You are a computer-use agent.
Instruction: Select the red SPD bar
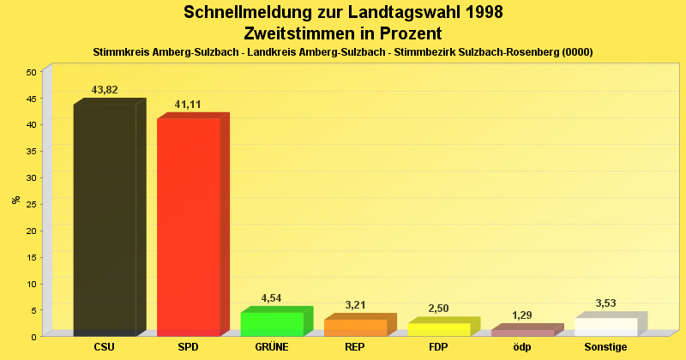(x=188, y=226)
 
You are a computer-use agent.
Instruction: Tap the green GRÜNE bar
(x=272, y=324)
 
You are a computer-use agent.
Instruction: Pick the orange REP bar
(x=355, y=327)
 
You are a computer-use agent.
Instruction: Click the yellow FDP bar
(x=438, y=329)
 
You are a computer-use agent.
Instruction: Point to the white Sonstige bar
(x=605, y=327)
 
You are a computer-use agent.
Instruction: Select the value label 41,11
(x=188, y=105)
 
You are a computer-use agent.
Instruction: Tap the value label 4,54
(x=271, y=298)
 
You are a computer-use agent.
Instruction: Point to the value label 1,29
(x=522, y=315)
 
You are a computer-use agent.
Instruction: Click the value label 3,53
(x=605, y=303)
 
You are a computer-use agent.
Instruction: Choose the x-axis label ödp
(x=522, y=347)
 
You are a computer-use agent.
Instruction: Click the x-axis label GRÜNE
(x=272, y=347)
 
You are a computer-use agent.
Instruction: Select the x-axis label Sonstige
(x=605, y=347)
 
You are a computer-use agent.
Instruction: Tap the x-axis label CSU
(x=105, y=347)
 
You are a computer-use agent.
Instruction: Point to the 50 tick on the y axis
(x=30, y=72)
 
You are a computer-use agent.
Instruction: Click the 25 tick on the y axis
(x=30, y=204)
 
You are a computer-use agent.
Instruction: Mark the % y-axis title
(x=15, y=200)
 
